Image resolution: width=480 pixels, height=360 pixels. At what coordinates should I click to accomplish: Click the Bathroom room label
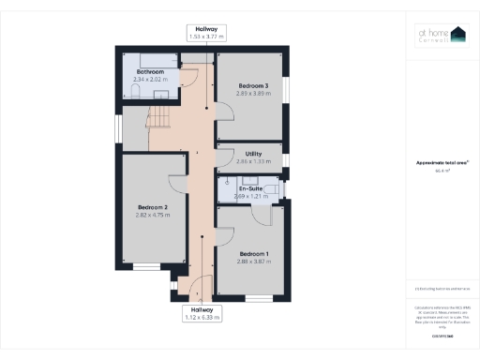coord(150,72)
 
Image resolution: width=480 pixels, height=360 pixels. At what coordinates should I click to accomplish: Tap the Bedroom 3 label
coord(253,86)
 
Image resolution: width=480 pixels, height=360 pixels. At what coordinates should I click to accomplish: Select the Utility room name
coord(253,153)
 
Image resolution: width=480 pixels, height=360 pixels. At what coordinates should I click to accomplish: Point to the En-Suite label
coord(249,188)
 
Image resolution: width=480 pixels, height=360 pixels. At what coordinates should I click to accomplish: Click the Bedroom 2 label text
coord(153,207)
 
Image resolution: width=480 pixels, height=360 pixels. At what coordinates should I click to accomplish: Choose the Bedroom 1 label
coord(253,254)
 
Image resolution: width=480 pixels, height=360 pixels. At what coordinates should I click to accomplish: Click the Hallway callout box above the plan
coord(206,34)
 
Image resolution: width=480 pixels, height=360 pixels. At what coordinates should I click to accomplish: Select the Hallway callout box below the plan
coord(202,313)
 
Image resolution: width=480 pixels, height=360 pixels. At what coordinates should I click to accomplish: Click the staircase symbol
coord(157,118)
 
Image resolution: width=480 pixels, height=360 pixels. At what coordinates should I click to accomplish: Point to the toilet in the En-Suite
coord(270,192)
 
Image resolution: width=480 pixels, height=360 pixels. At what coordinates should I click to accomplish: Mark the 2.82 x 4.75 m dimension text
coord(153,216)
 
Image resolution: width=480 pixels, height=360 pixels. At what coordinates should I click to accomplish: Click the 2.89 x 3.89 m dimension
coord(253,95)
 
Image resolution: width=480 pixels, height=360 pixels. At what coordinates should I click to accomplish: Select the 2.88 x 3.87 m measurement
coord(253,262)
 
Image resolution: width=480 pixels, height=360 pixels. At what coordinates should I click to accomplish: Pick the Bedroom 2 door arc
coord(176,184)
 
